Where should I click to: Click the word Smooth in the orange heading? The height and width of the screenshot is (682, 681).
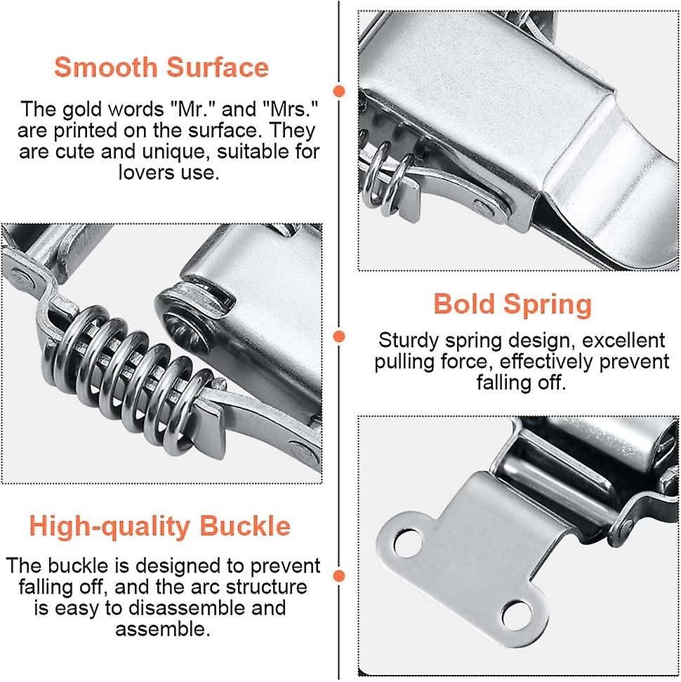(103, 68)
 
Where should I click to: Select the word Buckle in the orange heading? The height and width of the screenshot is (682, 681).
(245, 526)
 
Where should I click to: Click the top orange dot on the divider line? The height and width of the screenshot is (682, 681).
(340, 91)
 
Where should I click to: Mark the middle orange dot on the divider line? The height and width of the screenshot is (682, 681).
(340, 337)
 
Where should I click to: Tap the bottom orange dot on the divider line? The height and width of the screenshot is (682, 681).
(340, 577)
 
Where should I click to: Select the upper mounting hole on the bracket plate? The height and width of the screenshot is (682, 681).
(405, 543)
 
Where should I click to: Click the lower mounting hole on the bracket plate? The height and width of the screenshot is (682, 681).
(516, 615)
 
